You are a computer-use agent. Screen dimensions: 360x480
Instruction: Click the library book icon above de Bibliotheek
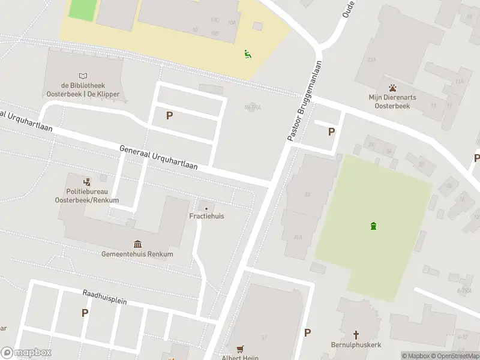coord(83,76)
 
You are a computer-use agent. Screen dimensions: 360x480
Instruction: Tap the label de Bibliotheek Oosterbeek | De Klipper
coord(83,90)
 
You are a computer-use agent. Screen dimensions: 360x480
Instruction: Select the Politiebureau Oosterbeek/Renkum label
coord(87,196)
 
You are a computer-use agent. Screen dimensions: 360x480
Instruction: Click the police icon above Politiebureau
coord(87,181)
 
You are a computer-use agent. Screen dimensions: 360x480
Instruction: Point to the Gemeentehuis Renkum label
coord(137,254)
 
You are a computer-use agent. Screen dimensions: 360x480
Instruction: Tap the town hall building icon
coord(138,243)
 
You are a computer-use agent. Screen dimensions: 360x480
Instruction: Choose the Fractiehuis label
coord(206,216)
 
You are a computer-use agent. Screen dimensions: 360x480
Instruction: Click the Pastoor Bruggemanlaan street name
coord(304,101)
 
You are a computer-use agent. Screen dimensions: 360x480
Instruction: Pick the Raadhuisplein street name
coord(104,296)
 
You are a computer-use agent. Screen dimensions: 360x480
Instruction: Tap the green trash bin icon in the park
coord(374,226)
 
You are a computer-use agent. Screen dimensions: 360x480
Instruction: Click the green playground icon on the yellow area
coord(248,54)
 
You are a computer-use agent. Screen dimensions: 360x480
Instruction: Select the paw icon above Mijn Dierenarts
coord(392,87)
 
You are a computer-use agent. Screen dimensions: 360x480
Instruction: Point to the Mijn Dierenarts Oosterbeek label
coord(392,101)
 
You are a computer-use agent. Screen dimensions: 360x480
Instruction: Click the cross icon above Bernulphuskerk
coord(356,335)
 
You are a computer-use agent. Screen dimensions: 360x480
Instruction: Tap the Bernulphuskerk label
coord(356,345)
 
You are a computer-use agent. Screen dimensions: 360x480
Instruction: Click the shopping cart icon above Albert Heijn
coord(241,349)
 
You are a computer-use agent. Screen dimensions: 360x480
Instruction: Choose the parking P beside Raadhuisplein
coord(85,313)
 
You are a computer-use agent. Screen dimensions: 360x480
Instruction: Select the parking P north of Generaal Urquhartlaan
coord(170,115)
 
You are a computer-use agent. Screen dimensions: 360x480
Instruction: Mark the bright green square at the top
coord(83,9)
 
